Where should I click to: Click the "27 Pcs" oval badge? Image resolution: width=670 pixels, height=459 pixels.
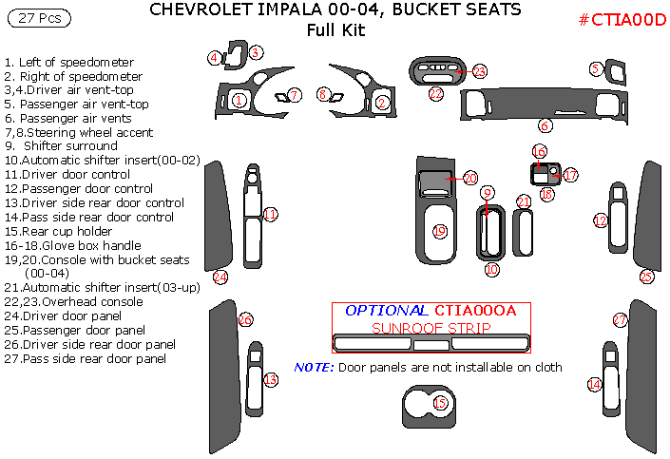coord(39,18)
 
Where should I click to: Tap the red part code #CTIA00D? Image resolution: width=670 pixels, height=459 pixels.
coord(622,20)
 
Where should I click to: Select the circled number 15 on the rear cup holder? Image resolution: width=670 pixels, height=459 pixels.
coord(440,403)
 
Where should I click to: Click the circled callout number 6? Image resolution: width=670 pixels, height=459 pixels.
coord(545,125)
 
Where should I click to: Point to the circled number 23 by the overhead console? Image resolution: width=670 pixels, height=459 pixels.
coord(480,71)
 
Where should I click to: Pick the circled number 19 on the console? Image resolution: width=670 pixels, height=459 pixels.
coord(440,231)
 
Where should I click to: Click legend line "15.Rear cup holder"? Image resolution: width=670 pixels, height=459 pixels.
coord(59,231)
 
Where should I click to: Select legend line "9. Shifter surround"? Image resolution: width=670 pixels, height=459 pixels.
coord(61,145)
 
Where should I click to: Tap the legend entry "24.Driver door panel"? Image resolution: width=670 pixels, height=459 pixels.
coord(63,316)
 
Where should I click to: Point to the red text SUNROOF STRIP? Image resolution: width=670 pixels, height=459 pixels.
coord(431,328)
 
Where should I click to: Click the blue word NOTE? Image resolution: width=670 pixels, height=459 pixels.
coord(314,367)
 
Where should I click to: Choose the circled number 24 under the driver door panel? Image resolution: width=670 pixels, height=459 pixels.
coord(220,277)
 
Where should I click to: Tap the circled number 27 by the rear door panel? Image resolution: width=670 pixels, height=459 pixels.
coord(620,319)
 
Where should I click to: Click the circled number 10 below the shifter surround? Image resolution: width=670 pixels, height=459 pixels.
coord(492,269)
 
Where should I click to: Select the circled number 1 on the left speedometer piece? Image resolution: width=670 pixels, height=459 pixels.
coord(239,101)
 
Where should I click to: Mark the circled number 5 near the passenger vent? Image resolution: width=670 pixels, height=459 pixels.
coord(596,68)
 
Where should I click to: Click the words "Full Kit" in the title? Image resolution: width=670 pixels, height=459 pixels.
coord(335,29)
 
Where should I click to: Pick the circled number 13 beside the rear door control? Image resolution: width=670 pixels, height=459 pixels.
coord(271,379)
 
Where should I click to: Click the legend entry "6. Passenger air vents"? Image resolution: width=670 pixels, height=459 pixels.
coord(67,118)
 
